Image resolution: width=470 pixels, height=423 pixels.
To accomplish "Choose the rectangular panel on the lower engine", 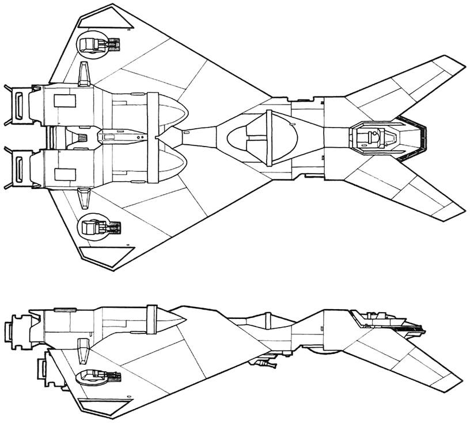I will click(x=65, y=174).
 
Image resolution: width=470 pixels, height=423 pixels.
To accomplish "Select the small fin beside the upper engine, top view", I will click(x=85, y=75).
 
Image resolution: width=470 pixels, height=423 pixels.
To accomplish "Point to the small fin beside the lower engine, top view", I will click(x=85, y=197).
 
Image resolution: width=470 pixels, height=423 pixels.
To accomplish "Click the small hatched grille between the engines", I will click(x=81, y=137).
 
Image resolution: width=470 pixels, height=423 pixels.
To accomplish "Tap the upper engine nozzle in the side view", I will click(x=16, y=332).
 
